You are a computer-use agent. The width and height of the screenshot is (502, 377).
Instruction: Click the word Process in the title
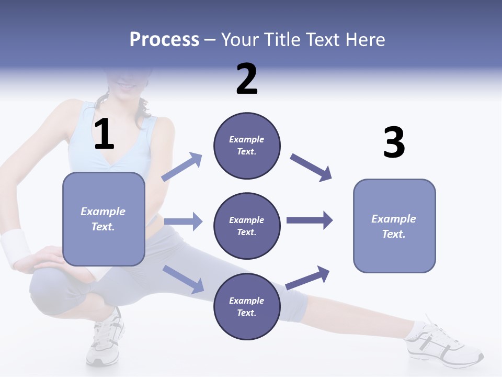(164, 39)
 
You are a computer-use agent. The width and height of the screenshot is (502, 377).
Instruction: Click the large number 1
(104, 135)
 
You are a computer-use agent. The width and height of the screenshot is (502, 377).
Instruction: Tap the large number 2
(247, 79)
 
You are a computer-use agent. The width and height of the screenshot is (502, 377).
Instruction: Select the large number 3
(394, 143)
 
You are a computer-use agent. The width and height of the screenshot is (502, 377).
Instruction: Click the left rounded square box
(104, 219)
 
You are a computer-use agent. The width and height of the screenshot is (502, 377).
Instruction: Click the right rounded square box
(394, 226)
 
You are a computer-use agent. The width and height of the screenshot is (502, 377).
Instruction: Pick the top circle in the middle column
(247, 146)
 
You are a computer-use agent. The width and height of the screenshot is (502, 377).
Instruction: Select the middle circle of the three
(247, 226)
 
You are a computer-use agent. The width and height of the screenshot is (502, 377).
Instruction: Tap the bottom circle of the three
(247, 306)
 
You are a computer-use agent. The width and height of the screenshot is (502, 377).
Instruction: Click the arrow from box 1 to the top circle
(182, 167)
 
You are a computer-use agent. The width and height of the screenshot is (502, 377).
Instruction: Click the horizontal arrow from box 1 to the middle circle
(183, 221)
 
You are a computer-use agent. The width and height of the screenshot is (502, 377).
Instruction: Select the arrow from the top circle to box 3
(311, 168)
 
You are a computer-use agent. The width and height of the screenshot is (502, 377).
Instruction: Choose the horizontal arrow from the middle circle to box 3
(309, 220)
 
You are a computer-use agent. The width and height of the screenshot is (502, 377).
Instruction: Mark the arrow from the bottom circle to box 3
(308, 278)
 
